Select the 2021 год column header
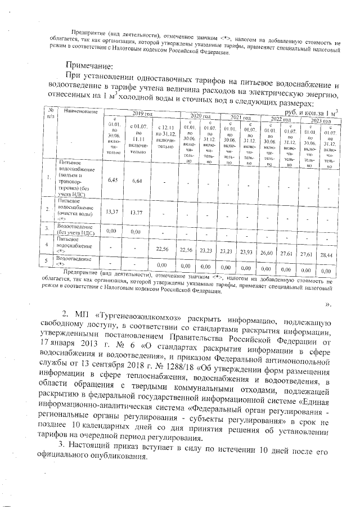[x=240, y=117]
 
